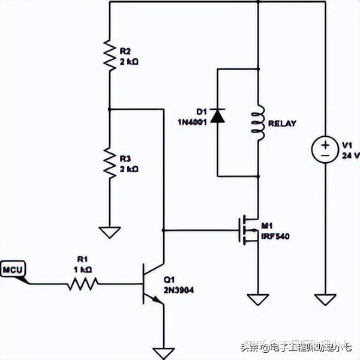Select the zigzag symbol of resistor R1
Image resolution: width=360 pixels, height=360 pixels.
tap(82, 283)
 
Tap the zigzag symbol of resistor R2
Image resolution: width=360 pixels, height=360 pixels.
tap(109, 55)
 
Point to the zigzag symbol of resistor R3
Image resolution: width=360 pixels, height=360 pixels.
tap(109, 163)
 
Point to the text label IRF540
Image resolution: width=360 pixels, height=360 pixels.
tap(275, 236)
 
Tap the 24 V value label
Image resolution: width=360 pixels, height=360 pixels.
tap(350, 155)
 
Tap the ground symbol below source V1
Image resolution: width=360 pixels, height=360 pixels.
tap(325, 298)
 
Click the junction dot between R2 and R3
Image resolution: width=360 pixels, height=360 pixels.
tap(109, 109)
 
